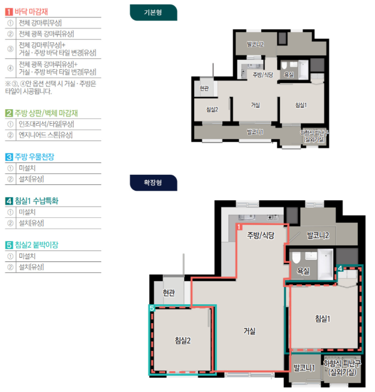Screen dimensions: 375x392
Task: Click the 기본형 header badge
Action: [153, 13]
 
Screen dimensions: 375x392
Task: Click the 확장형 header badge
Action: [153, 182]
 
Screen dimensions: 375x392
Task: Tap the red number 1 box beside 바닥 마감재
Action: [9, 12]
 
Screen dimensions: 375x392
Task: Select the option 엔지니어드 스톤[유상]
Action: [46, 135]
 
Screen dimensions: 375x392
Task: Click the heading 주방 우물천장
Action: [34, 157]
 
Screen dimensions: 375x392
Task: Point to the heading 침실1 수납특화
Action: [36, 201]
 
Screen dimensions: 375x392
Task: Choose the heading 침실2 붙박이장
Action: [36, 245]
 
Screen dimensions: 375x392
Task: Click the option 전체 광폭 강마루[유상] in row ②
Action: [47, 34]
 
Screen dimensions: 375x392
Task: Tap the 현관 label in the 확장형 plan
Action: [169, 293]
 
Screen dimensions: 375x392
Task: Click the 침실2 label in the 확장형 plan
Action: [183, 341]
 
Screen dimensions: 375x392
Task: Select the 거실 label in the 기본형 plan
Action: [255, 105]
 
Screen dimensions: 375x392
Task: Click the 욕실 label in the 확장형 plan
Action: [303, 271]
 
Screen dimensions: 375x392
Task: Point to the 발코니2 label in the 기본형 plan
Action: [255, 45]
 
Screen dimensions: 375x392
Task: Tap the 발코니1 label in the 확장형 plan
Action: [304, 368]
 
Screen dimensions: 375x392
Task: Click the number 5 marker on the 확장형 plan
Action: [152, 308]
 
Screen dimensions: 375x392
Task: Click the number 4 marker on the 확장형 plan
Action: [340, 268]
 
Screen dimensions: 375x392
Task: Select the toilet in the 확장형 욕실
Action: [297, 258]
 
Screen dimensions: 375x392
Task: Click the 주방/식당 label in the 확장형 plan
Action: [261, 235]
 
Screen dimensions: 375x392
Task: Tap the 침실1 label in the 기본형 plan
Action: [301, 105]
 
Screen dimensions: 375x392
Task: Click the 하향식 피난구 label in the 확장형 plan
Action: [342, 363]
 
